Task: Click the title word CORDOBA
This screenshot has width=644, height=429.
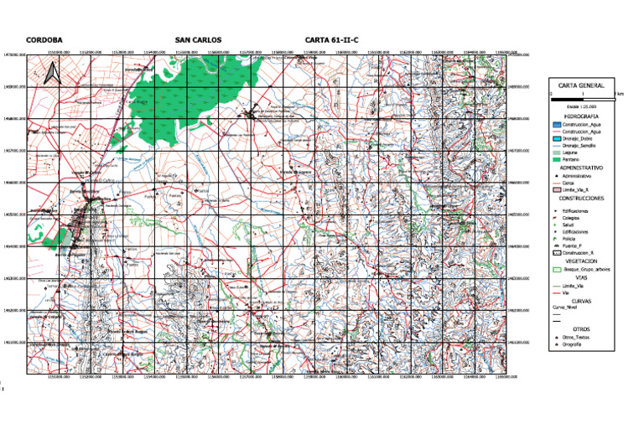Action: pyautogui.click(x=44, y=39)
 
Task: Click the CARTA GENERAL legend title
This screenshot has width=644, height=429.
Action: pyautogui.click(x=581, y=85)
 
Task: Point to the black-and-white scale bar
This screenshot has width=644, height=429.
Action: pyautogui.click(x=581, y=96)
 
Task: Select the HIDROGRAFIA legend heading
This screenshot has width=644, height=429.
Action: pyautogui.click(x=581, y=116)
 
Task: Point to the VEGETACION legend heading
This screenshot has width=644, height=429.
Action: pyautogui.click(x=581, y=261)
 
